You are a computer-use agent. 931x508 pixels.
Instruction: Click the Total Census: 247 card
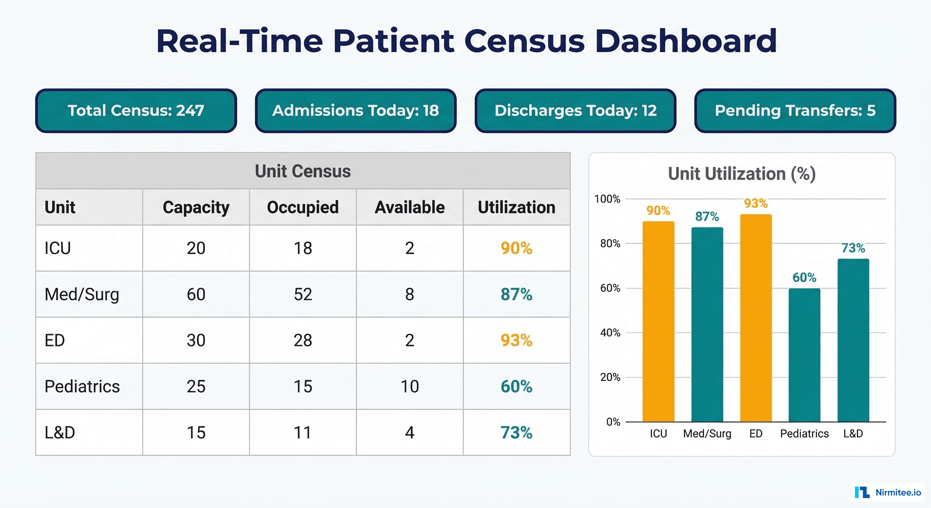[x=136, y=111]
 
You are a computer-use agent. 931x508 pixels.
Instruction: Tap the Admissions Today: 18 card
[x=356, y=111]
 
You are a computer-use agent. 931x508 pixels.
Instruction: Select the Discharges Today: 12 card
[x=575, y=111]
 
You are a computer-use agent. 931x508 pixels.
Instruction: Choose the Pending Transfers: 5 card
[x=795, y=111]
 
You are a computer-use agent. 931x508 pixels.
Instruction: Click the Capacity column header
[x=196, y=207]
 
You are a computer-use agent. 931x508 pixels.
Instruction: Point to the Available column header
[x=410, y=207]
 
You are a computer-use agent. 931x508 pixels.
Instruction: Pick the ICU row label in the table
[x=58, y=248]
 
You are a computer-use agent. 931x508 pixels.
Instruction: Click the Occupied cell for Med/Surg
[x=303, y=294]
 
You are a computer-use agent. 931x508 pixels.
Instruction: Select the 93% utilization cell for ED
[x=516, y=340]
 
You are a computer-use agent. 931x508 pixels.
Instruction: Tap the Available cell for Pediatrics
[x=410, y=387]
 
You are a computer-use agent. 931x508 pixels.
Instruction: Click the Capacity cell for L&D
[x=196, y=433]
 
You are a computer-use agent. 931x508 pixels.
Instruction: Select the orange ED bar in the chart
[x=756, y=318]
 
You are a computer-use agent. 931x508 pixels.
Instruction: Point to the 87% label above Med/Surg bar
[x=707, y=217]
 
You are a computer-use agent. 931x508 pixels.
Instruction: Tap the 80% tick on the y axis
[x=610, y=244]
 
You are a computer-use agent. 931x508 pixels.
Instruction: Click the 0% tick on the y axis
[x=613, y=422]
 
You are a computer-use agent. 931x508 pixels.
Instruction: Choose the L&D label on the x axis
[x=853, y=434]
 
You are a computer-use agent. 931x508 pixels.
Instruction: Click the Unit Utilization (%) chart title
[x=742, y=174]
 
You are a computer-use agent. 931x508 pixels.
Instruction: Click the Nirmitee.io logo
[x=888, y=492]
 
